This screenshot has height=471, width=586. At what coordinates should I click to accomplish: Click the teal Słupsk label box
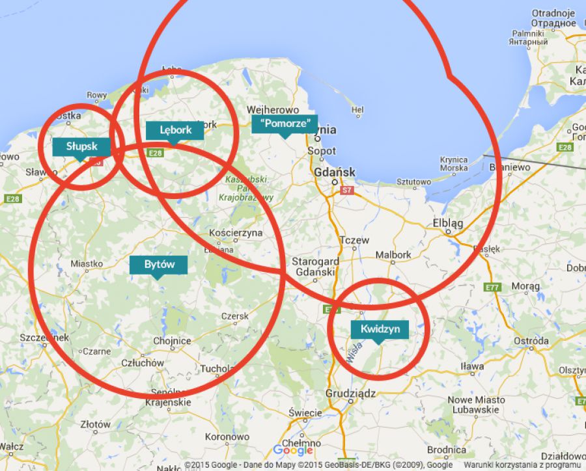click(81, 146)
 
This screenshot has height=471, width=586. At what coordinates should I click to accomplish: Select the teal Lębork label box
click(175, 130)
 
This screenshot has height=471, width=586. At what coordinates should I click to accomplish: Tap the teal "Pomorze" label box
click(285, 124)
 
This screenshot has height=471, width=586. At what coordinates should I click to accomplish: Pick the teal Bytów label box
click(158, 264)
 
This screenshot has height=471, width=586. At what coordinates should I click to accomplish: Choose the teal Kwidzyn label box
click(380, 329)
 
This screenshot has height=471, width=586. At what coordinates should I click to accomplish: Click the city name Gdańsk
click(335, 172)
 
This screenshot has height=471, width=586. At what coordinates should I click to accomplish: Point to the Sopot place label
click(322, 151)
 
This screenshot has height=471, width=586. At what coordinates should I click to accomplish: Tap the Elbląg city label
click(448, 223)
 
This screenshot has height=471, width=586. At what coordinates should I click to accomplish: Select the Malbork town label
click(393, 255)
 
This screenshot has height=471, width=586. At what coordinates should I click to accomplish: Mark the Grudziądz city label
click(351, 394)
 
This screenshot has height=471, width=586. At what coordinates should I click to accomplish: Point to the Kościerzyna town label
click(236, 232)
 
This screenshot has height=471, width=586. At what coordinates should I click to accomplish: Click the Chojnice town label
click(172, 341)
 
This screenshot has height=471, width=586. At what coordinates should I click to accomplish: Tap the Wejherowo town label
click(273, 110)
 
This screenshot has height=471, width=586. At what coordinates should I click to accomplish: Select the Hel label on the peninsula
click(357, 110)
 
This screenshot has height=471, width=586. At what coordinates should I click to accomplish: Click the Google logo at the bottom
click(293, 450)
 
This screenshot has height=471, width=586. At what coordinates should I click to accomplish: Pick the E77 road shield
click(492, 288)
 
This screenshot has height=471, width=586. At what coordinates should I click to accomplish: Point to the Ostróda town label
click(531, 341)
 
